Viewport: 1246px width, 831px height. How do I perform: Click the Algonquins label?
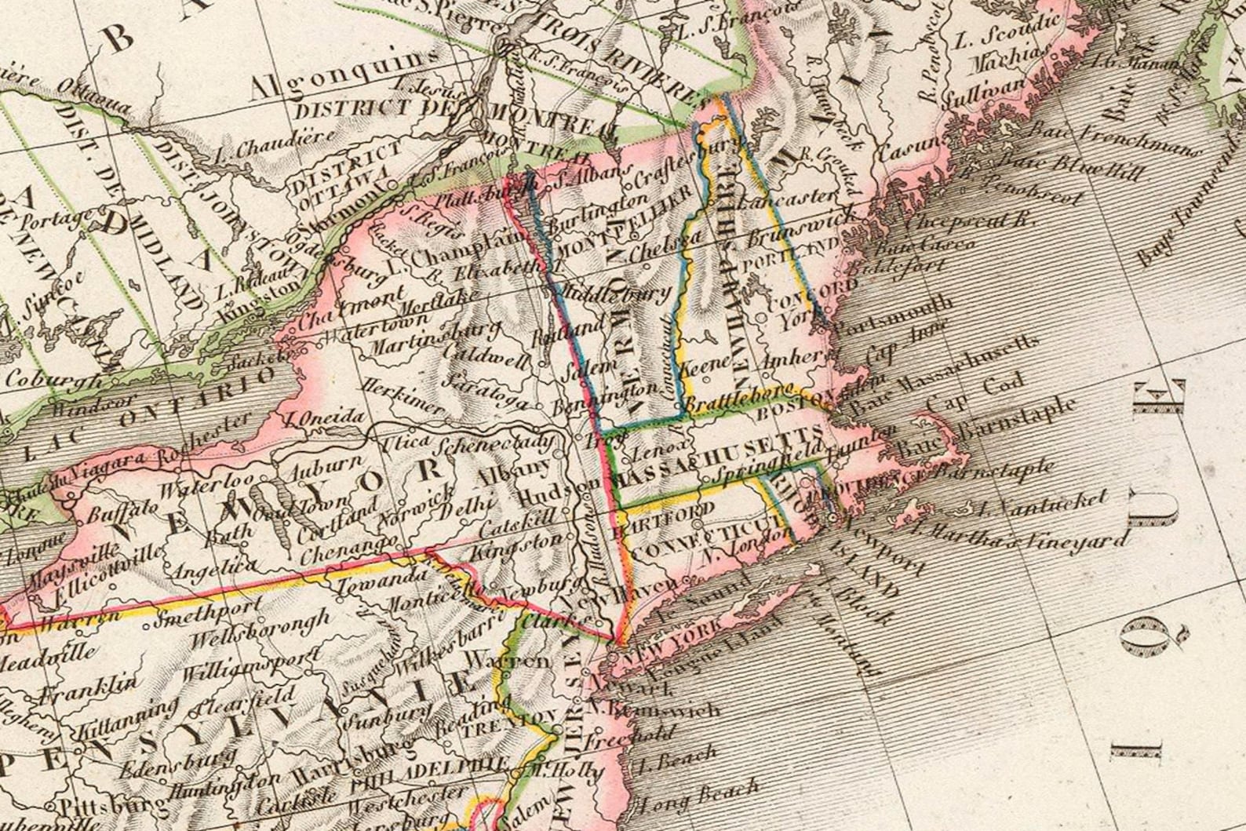pyautogui.click(x=344, y=77)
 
